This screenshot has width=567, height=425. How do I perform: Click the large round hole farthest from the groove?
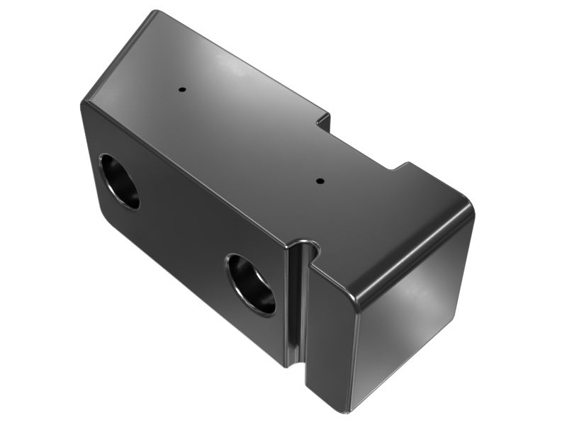[x=119, y=181]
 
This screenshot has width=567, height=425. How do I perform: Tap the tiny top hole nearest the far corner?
[x=181, y=90]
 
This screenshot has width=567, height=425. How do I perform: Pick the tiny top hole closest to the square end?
[x=319, y=180]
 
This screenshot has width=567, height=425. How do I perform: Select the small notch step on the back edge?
[x=322, y=120]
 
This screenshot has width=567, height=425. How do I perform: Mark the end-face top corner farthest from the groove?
[x=468, y=205]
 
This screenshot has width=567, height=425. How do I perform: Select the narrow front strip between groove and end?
[x=330, y=333]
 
